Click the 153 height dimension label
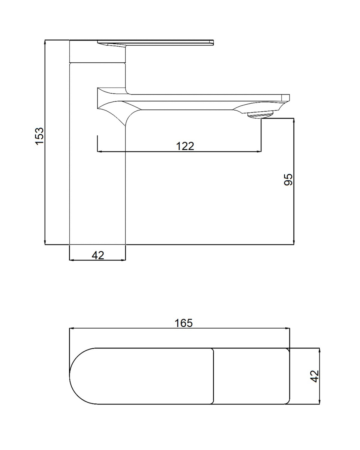(39, 136)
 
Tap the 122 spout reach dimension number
(185, 146)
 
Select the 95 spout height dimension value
(288, 179)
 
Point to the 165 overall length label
(183, 323)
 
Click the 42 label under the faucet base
(98, 255)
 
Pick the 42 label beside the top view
(314, 376)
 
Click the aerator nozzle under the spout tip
(260, 115)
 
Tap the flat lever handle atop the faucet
(155, 42)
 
